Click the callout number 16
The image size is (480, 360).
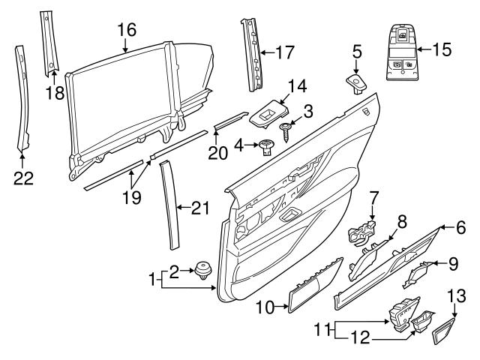pyautogui.click(x=126, y=30)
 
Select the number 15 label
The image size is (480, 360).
pyautogui.click(x=442, y=50)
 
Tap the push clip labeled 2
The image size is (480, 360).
pyautogui.click(x=202, y=269)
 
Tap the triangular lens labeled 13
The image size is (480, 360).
pyautogui.click(x=445, y=330)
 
